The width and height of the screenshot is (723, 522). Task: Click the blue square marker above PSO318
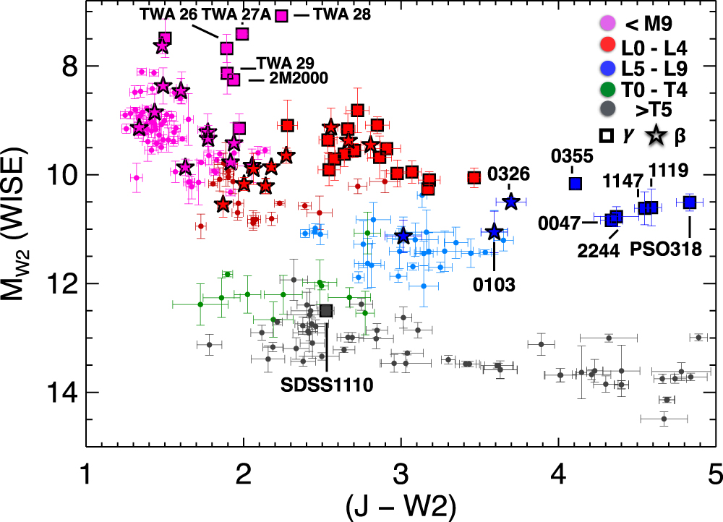click(690, 202)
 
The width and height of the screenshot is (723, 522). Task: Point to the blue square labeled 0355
click(576, 184)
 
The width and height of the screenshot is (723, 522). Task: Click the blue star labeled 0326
click(511, 202)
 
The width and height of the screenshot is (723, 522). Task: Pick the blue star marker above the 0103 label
click(495, 232)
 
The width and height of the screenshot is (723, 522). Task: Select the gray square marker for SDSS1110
click(326, 310)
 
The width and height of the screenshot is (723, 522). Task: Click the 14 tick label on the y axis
click(59, 393)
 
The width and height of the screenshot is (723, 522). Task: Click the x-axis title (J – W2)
click(400, 504)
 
